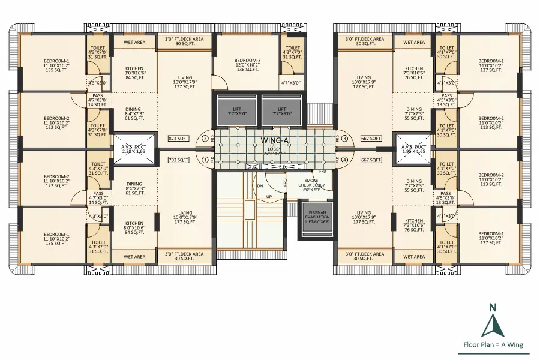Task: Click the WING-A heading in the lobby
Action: (x=274, y=140)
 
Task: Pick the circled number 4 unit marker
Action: (x=345, y=160)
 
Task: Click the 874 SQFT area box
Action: (x=178, y=139)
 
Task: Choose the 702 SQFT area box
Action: (x=178, y=160)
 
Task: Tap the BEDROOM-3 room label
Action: (x=248, y=64)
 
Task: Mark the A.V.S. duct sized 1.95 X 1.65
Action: (x=414, y=149)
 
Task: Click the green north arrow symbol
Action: (x=493, y=325)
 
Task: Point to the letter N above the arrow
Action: (x=493, y=307)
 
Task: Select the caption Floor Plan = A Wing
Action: (x=493, y=345)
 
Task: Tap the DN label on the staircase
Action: (x=260, y=186)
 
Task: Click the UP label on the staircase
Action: (x=269, y=196)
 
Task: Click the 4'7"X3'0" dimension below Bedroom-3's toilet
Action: (x=293, y=83)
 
